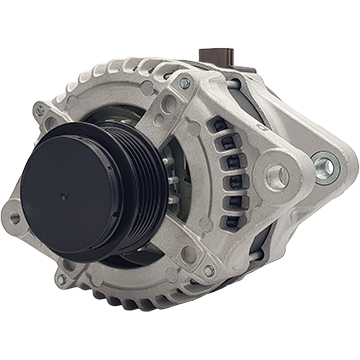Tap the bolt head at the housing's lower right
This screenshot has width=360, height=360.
[209, 271]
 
